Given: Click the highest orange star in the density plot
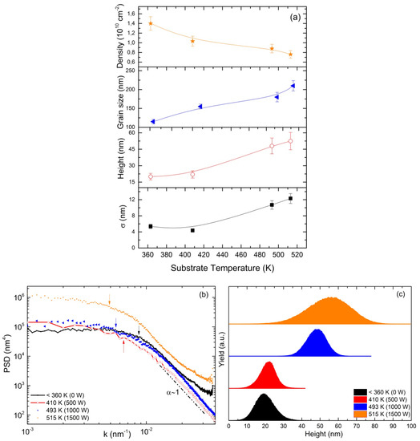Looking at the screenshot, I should [x=150, y=23].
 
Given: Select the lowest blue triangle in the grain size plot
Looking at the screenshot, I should [x=151, y=122].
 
